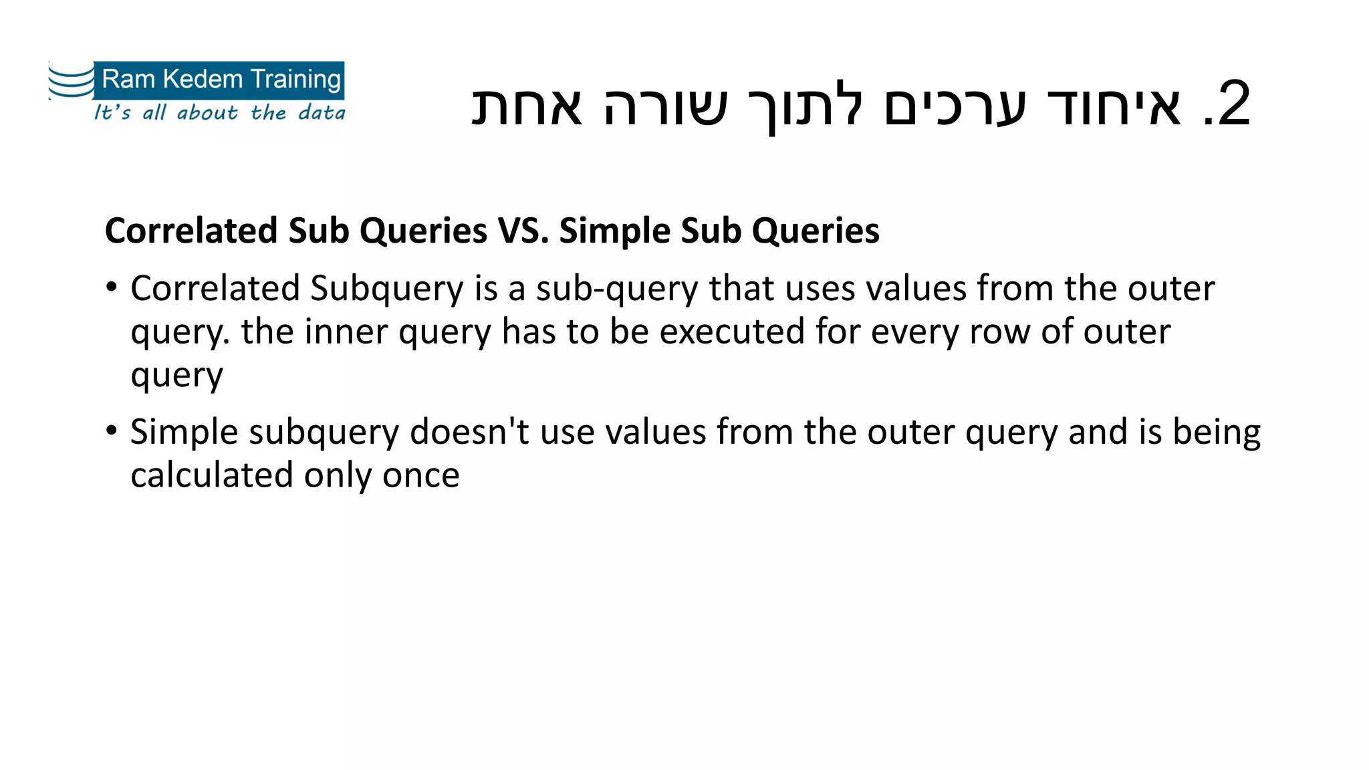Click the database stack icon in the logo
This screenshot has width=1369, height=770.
pyautogui.click(x=71, y=82)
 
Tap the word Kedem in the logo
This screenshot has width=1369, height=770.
pyautogui.click(x=203, y=80)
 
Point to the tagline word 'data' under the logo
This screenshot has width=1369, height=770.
pyautogui.click(x=322, y=112)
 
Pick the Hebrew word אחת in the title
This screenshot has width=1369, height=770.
pyautogui.click(x=527, y=106)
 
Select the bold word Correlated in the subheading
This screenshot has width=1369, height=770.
pyautogui.click(x=191, y=231)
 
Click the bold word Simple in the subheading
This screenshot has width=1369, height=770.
pyautogui.click(x=614, y=231)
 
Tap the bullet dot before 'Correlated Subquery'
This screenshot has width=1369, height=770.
pyautogui.click(x=112, y=287)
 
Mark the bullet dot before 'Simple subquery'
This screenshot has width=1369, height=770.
pyautogui.click(x=112, y=430)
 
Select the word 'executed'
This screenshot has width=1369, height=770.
pyautogui.click(x=732, y=332)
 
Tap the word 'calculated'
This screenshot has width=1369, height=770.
pyautogui.click(x=212, y=475)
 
